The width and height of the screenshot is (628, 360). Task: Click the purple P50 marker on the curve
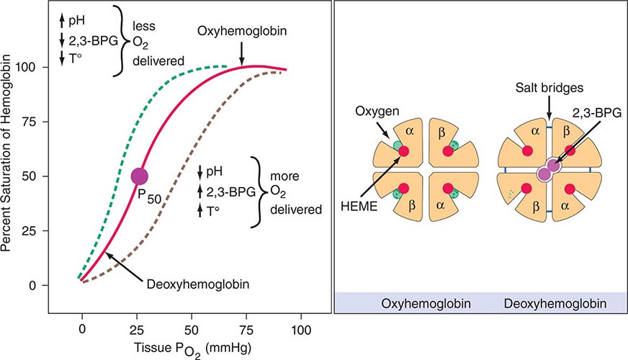[139, 176]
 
